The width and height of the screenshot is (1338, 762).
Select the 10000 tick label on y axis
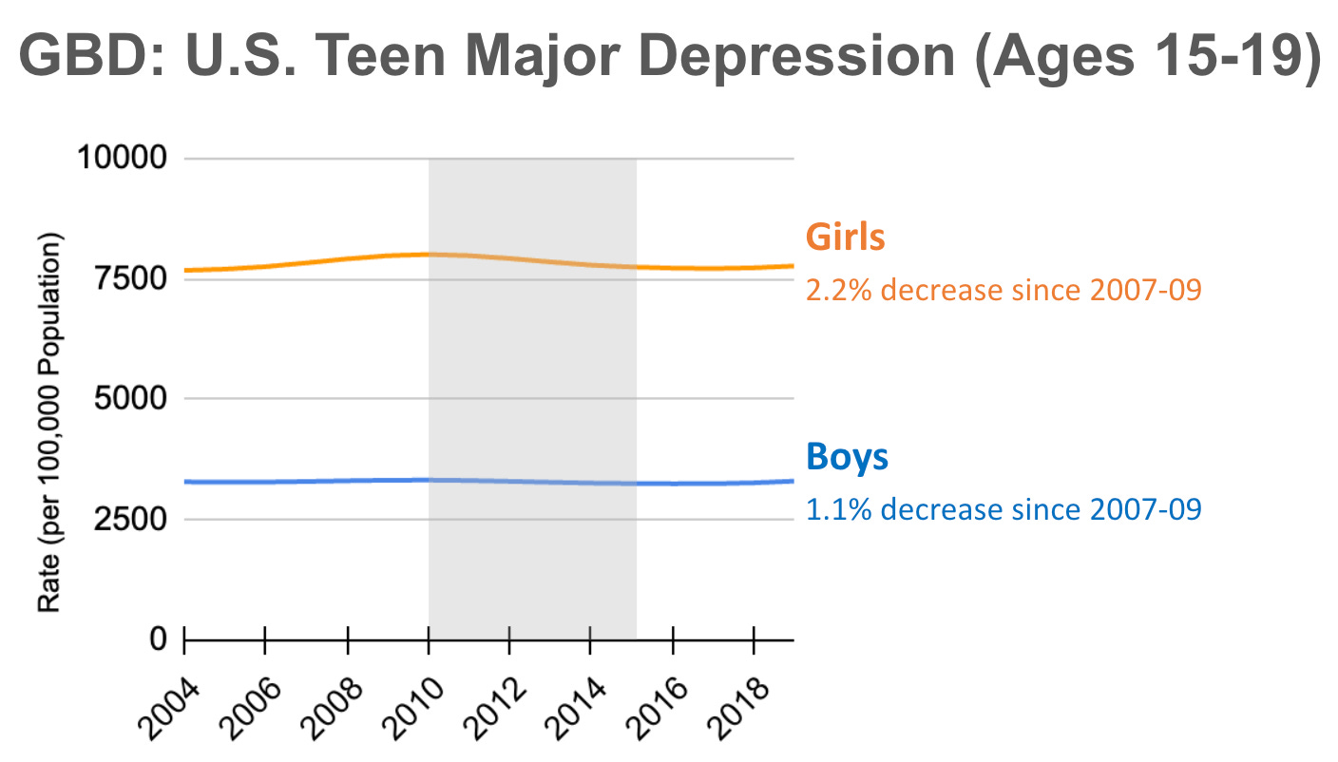click(120, 159)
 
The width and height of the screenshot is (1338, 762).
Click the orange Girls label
click(845, 238)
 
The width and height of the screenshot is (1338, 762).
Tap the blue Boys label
click(847, 457)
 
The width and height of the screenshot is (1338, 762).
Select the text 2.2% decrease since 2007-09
click(1003, 289)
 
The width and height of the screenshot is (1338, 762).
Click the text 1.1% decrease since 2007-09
click(1003, 509)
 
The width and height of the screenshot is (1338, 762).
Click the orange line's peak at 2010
click(429, 254)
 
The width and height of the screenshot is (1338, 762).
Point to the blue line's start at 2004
click(185, 482)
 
